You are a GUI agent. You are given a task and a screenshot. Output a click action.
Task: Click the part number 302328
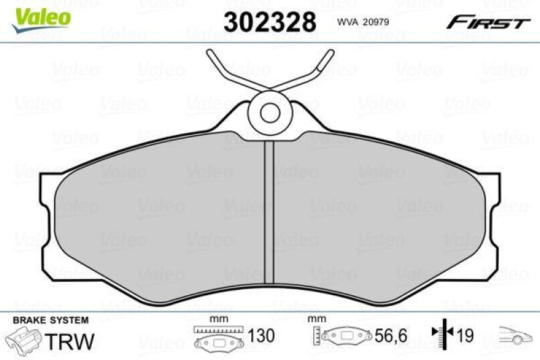269,22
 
